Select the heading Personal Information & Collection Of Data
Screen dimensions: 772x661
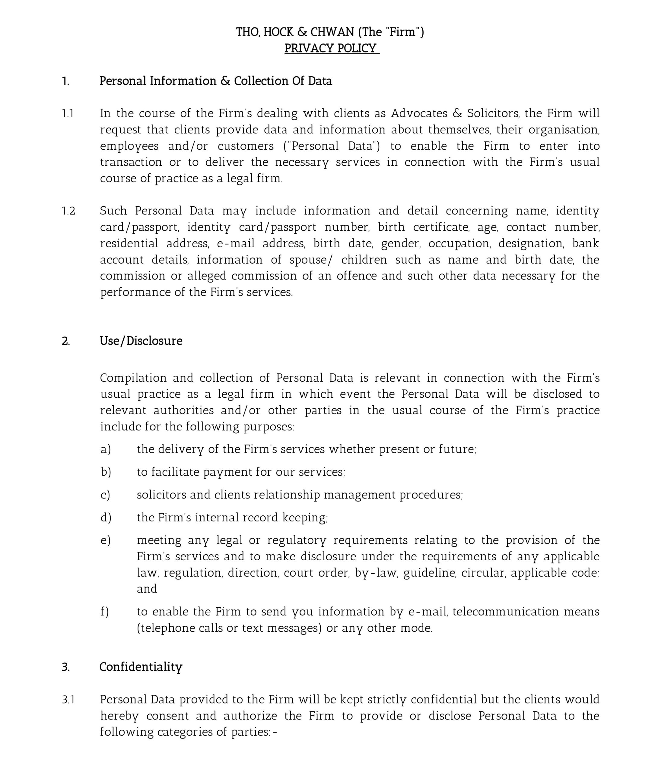(x=215, y=81)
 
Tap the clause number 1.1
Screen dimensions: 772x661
(x=68, y=113)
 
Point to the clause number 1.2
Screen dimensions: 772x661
(x=68, y=211)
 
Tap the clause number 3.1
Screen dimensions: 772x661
(x=68, y=699)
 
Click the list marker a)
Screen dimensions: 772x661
(x=106, y=449)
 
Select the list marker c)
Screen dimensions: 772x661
(x=105, y=495)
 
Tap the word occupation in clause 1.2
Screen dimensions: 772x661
(x=459, y=244)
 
